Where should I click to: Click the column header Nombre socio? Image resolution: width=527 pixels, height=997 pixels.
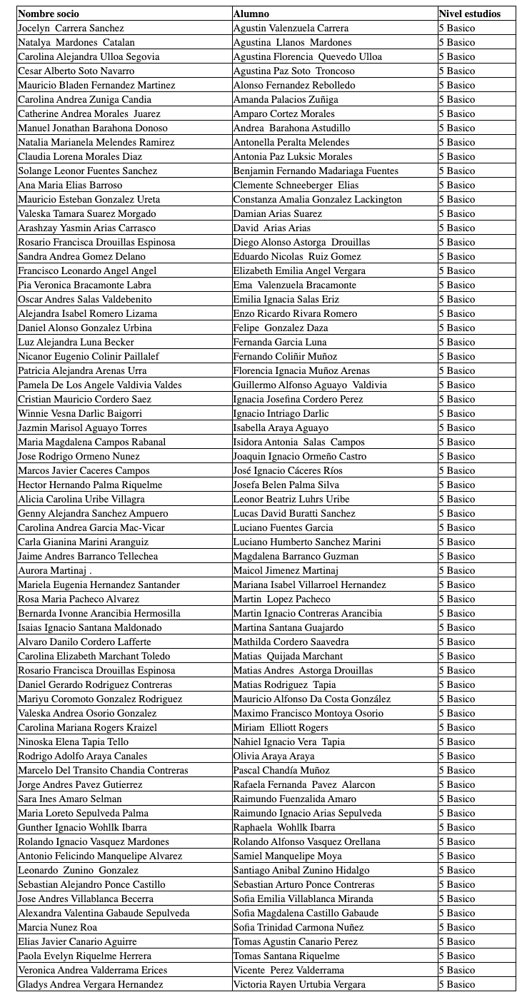(49, 14)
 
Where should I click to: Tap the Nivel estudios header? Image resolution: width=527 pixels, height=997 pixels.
(469, 14)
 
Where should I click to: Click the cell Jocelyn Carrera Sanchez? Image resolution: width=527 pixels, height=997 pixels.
(71, 28)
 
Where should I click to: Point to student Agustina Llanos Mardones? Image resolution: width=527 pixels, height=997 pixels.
(292, 42)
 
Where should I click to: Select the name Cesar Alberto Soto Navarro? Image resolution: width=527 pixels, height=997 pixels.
(76, 71)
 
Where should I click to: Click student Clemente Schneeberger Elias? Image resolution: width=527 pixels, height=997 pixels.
(296, 185)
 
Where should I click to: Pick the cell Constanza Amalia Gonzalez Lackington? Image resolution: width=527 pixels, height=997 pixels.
(317, 199)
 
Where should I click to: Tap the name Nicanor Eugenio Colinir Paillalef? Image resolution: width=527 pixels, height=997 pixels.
(88, 356)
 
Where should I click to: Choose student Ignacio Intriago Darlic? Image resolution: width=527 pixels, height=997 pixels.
(281, 413)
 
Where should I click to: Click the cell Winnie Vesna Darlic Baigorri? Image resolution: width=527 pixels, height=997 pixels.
(79, 413)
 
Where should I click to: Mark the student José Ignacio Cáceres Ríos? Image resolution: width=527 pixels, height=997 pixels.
(288, 470)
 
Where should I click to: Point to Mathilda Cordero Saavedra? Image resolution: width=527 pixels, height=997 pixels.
(291, 642)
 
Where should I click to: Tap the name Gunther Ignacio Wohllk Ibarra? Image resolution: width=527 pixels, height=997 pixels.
(82, 827)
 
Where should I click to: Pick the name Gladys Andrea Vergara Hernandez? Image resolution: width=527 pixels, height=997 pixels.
(90, 984)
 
